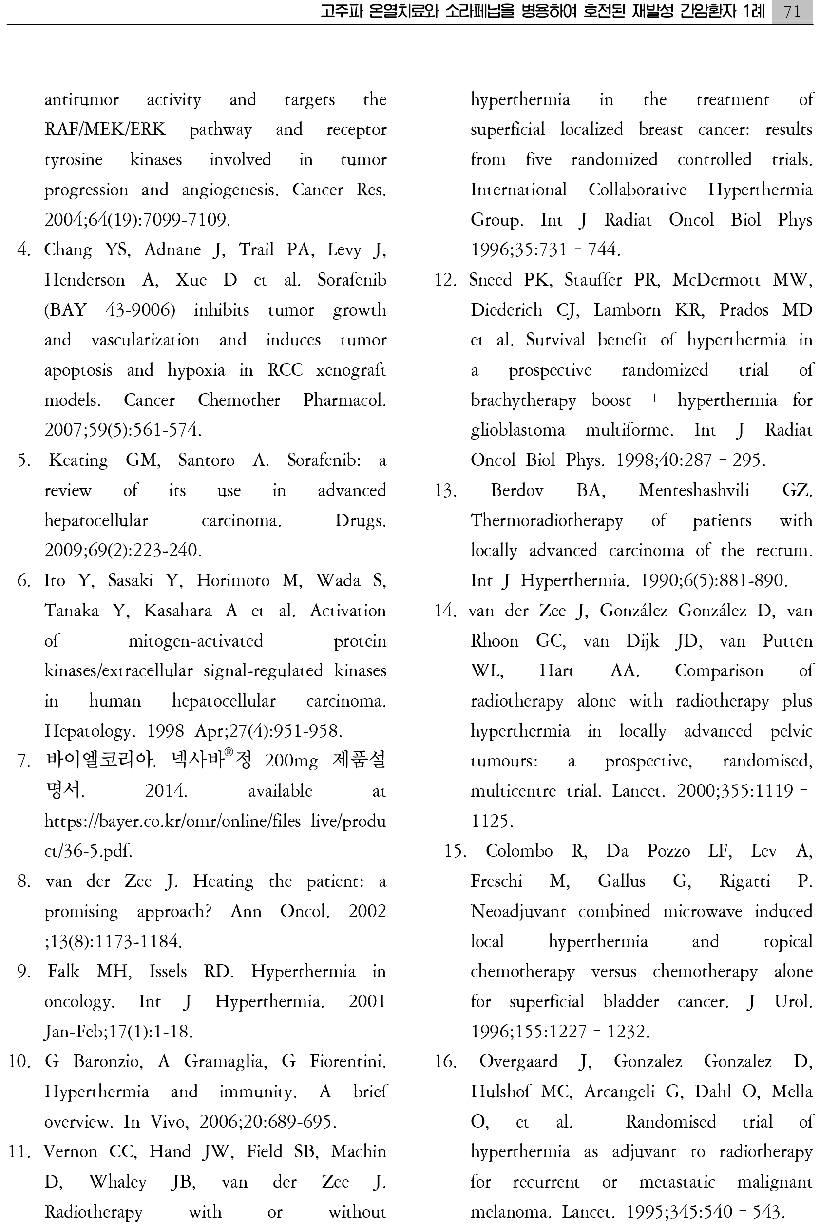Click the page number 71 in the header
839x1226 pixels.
(x=792, y=11)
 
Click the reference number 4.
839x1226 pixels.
(x=23, y=249)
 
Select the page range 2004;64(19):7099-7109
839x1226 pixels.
(x=137, y=219)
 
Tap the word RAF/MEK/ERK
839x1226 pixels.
(x=105, y=129)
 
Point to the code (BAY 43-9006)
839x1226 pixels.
(x=110, y=309)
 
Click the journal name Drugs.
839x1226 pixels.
(x=360, y=521)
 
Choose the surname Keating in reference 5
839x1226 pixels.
(x=78, y=460)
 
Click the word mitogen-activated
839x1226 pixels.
(x=196, y=641)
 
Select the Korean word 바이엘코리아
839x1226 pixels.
(x=100, y=761)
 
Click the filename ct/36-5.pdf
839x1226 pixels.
(x=88, y=851)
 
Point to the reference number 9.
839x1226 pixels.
(x=23, y=971)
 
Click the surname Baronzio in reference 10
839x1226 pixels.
(x=108, y=1061)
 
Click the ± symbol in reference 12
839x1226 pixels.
(x=654, y=401)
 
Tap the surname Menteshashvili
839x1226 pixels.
(x=693, y=491)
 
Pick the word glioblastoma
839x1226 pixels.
(x=517, y=430)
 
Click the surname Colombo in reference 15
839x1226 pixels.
(x=519, y=851)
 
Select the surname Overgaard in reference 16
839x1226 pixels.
(x=518, y=1061)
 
